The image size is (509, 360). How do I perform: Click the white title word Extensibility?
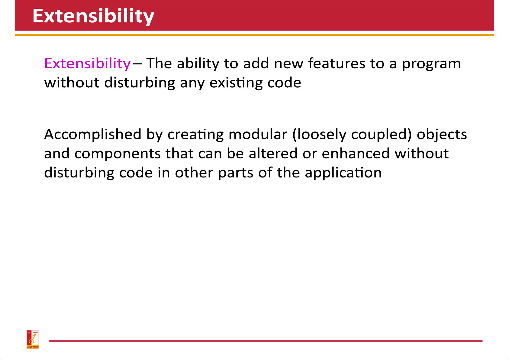point(93,16)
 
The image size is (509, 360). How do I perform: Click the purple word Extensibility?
point(88,63)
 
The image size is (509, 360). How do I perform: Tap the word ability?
point(198,63)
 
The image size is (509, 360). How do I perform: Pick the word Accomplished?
point(93,135)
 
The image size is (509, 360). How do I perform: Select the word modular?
point(258,134)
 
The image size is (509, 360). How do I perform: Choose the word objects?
point(442,135)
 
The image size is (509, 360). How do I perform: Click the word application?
point(343,173)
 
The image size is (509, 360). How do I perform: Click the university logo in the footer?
point(33,339)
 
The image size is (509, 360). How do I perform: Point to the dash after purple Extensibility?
point(137,64)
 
